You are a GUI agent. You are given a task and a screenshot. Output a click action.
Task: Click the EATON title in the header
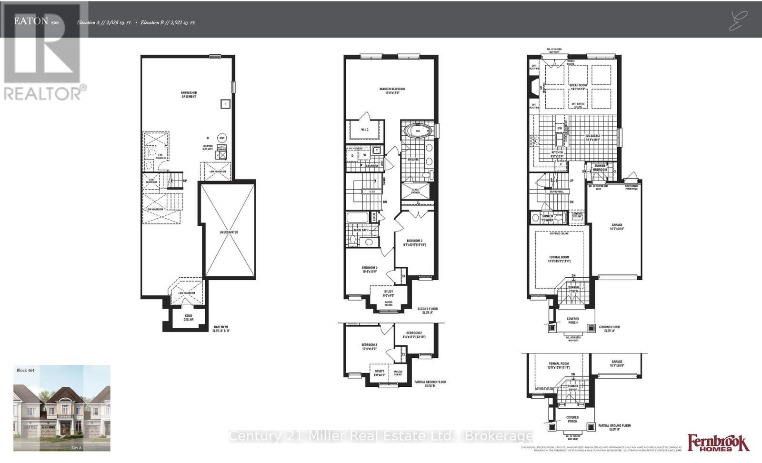(30, 21)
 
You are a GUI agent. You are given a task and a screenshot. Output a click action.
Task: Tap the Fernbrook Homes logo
(718, 443)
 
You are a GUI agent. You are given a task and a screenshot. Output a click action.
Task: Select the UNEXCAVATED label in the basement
(229, 232)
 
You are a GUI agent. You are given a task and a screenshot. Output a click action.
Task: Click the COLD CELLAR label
(189, 317)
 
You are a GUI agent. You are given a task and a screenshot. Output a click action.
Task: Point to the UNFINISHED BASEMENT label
(189, 94)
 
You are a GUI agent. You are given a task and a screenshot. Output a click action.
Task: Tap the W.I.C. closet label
(365, 129)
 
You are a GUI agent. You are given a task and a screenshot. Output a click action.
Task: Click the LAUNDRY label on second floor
(372, 166)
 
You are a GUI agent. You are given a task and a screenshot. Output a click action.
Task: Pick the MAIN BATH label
(361, 230)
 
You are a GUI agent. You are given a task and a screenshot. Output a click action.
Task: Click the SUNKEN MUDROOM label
(600, 168)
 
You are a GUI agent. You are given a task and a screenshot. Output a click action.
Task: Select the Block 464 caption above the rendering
(26, 370)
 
